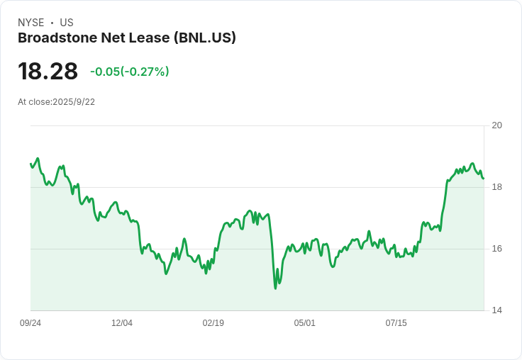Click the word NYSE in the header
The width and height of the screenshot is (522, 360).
[x=31, y=23]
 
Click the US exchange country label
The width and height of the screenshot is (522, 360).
[x=67, y=23]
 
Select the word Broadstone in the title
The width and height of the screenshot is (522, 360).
[x=57, y=38]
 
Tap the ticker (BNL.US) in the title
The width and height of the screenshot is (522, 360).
[x=204, y=38]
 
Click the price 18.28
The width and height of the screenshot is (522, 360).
[x=48, y=72]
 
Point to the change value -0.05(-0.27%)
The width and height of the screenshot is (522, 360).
[x=129, y=72]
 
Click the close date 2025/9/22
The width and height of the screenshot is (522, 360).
[x=74, y=102]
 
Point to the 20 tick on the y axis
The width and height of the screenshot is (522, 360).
[x=496, y=125]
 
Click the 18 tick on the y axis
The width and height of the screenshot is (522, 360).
[x=496, y=187]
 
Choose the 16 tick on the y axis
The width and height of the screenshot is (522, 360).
[x=496, y=249]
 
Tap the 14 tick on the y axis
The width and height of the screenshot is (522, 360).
[x=496, y=310]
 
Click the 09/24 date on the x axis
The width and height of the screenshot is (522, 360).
[x=30, y=323]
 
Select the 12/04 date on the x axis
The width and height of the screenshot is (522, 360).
[x=122, y=323]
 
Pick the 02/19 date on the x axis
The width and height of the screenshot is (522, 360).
[x=213, y=323]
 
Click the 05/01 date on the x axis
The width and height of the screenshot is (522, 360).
[x=304, y=323]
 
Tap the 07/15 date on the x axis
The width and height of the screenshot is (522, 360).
[x=396, y=323]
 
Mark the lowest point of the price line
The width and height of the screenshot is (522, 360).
[x=275, y=288]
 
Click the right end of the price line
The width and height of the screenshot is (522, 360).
[x=484, y=179]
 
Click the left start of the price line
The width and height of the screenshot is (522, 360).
[x=30, y=164]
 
